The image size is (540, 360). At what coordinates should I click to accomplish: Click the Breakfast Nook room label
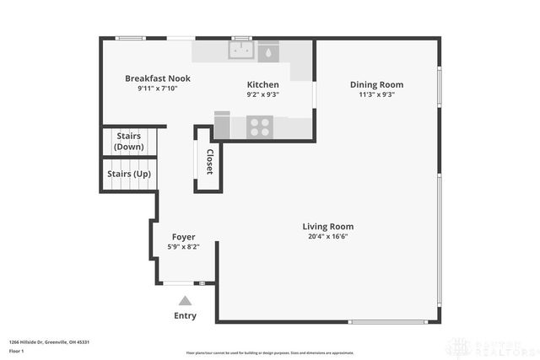tap(158, 78)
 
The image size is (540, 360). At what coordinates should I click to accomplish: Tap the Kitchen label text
tap(262, 84)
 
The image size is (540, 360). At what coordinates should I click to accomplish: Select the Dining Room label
tap(377, 84)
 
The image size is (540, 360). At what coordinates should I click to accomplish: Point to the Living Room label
tap(328, 226)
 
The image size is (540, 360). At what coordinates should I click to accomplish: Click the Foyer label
tap(184, 236)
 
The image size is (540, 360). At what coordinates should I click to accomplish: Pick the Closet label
tap(209, 161)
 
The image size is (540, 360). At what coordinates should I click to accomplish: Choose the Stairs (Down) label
tap(128, 141)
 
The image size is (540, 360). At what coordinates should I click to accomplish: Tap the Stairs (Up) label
tap(129, 174)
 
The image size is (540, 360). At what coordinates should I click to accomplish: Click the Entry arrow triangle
tap(185, 299)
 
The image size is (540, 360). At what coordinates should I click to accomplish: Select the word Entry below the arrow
tap(185, 316)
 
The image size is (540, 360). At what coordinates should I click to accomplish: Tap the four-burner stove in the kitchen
tap(261, 127)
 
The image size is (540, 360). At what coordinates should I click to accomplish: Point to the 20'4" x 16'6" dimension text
tap(328, 237)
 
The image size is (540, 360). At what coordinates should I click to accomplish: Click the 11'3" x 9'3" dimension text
tap(377, 94)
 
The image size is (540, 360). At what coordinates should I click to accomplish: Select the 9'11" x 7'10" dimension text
tap(158, 89)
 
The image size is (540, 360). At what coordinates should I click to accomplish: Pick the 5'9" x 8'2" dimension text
tap(184, 246)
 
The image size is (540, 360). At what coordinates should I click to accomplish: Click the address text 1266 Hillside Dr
tap(49, 341)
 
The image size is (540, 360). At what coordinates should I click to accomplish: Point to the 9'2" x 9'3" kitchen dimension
tap(262, 94)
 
